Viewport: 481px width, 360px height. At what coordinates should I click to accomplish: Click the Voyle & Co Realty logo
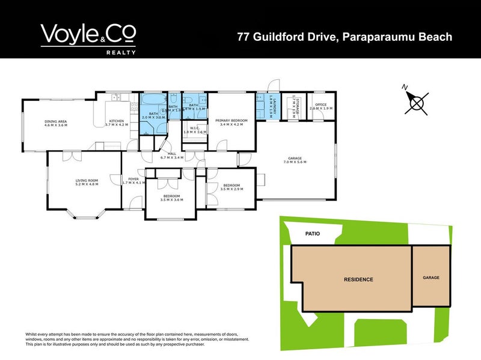pos(88,38)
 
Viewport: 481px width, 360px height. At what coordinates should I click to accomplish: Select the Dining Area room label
pos(55,123)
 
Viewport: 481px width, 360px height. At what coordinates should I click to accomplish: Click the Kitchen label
pos(116,123)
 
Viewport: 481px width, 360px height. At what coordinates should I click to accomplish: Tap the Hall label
pos(171,156)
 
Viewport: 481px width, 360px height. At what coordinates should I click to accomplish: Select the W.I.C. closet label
pos(194,129)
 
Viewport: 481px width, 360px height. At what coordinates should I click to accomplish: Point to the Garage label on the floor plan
pos(294,160)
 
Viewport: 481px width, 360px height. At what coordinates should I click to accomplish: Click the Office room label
pos(317,106)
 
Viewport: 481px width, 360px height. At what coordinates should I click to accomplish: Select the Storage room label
pos(294,106)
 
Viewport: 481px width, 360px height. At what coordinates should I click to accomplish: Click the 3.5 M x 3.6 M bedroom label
pos(171,198)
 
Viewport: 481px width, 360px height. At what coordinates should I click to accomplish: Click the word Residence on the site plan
pos(358,279)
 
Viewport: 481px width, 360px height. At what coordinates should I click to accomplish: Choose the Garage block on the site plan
pos(431,278)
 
